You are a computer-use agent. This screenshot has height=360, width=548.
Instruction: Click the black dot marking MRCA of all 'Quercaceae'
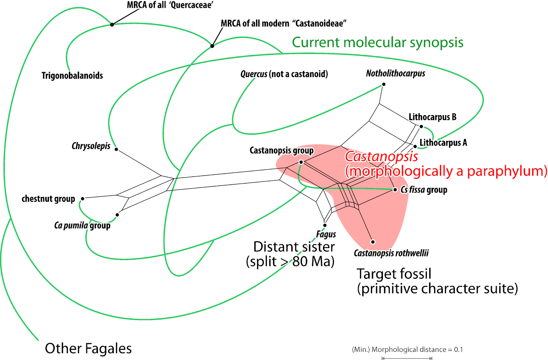[112, 25]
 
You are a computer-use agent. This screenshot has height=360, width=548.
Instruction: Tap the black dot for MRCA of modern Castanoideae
[212, 46]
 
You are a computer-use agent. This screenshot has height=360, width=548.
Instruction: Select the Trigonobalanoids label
[72, 76]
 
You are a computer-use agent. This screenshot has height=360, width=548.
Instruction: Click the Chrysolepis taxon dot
[116, 149]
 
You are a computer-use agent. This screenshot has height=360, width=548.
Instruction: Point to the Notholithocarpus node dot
[384, 84]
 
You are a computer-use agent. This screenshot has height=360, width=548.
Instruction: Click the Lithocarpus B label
[432, 117]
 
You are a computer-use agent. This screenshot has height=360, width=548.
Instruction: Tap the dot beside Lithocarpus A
[415, 147]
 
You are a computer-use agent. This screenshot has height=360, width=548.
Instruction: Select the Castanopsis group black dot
[301, 162]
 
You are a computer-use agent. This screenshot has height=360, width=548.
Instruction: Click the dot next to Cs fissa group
[395, 189]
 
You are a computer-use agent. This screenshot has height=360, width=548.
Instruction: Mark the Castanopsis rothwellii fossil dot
[373, 242]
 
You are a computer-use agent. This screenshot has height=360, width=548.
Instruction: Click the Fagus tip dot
[325, 225]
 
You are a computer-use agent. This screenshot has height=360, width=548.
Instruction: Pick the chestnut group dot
[83, 199]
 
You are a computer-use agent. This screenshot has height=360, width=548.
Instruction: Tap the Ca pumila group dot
[117, 215]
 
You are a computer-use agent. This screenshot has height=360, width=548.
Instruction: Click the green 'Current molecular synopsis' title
[377, 42]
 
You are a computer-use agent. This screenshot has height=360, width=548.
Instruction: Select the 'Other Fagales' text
[88, 348]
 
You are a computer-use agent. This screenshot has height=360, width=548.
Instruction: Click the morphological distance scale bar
[407, 358]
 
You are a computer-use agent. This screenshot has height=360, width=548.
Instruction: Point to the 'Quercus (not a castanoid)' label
[284, 74]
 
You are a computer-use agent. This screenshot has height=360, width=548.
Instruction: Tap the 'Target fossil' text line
[394, 274]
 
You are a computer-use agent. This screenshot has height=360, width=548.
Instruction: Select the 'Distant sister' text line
[294, 247]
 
